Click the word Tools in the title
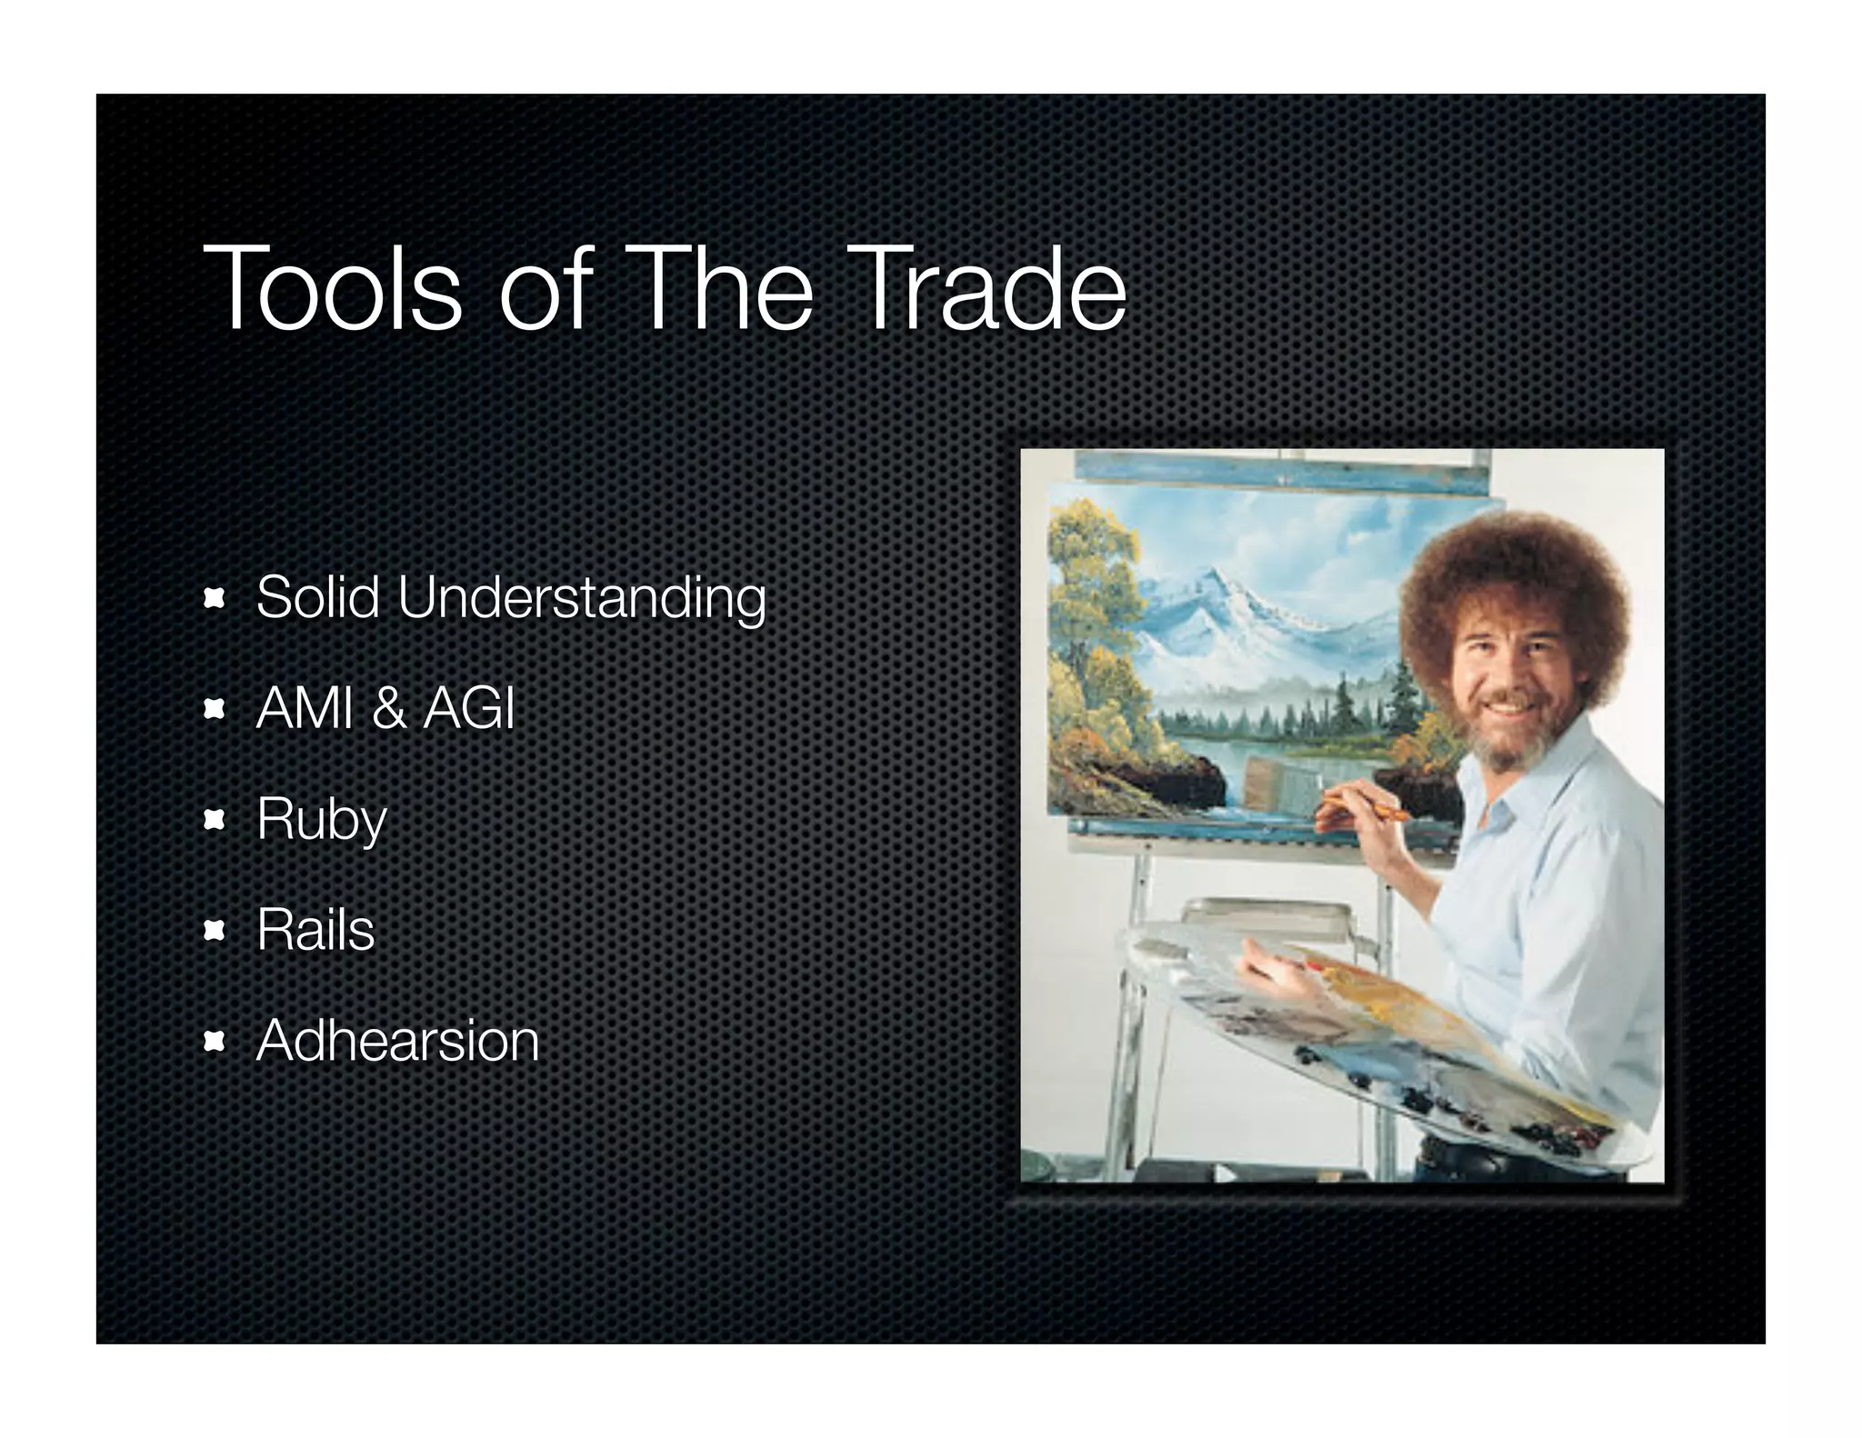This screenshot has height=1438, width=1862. pyautogui.click(x=333, y=290)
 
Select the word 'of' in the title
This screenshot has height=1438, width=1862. pyautogui.click(x=546, y=290)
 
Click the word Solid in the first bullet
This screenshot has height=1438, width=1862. pyautogui.click(x=317, y=598)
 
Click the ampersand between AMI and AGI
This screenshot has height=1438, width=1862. pyautogui.click(x=388, y=709)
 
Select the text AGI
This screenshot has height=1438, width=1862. pyautogui.click(x=469, y=709)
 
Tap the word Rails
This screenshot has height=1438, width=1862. pyautogui.click(x=315, y=930)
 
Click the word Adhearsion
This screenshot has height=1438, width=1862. pyautogui.click(x=397, y=1041)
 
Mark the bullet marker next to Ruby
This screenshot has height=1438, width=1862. pyautogui.click(x=215, y=821)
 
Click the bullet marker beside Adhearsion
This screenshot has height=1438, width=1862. pyautogui.click(x=215, y=1041)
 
